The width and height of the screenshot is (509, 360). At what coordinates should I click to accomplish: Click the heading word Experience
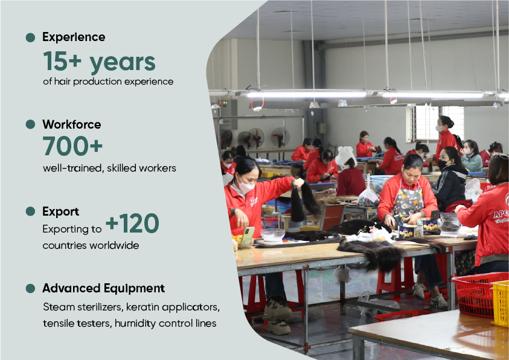[x=74, y=37]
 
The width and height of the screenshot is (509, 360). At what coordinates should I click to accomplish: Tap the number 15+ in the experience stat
[x=62, y=61]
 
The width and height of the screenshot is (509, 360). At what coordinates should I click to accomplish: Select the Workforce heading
[x=72, y=124]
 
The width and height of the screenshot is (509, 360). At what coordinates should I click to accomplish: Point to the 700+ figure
[x=72, y=146]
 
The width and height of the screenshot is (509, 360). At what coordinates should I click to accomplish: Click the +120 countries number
[x=132, y=223]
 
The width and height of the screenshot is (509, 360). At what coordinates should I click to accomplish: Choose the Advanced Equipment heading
[x=104, y=288]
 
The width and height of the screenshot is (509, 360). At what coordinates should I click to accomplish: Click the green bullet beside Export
[x=30, y=211]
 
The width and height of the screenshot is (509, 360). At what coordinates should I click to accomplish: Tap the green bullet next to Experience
[x=30, y=37]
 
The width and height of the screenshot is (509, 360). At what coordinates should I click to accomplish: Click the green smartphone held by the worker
[x=248, y=237]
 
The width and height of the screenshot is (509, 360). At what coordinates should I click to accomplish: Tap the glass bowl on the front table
[x=273, y=235]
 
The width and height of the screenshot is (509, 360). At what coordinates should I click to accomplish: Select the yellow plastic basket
[x=500, y=303]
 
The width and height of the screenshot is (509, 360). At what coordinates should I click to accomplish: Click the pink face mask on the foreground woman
[x=245, y=186]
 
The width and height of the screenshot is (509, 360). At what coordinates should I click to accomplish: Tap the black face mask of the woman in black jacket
[x=442, y=164]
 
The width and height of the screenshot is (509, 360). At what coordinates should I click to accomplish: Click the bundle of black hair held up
[x=304, y=201]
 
